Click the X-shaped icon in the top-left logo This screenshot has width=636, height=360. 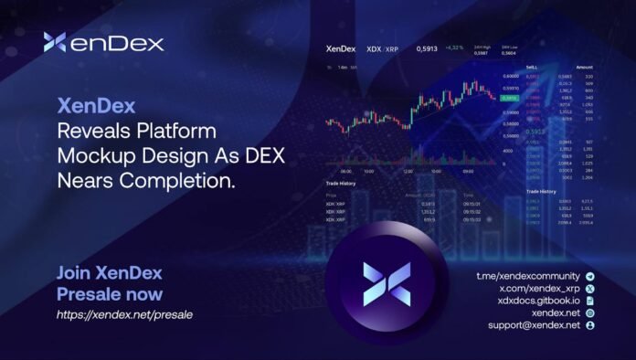(55, 42)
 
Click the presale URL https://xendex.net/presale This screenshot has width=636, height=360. (124, 315)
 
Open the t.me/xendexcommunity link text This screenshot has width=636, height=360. (528, 276)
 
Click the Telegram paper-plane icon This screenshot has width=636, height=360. (590, 276)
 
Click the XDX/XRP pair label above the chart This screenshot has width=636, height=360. (382, 48)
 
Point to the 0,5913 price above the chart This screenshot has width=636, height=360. (427, 48)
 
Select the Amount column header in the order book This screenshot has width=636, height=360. (584, 67)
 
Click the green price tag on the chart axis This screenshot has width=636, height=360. (509, 98)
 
